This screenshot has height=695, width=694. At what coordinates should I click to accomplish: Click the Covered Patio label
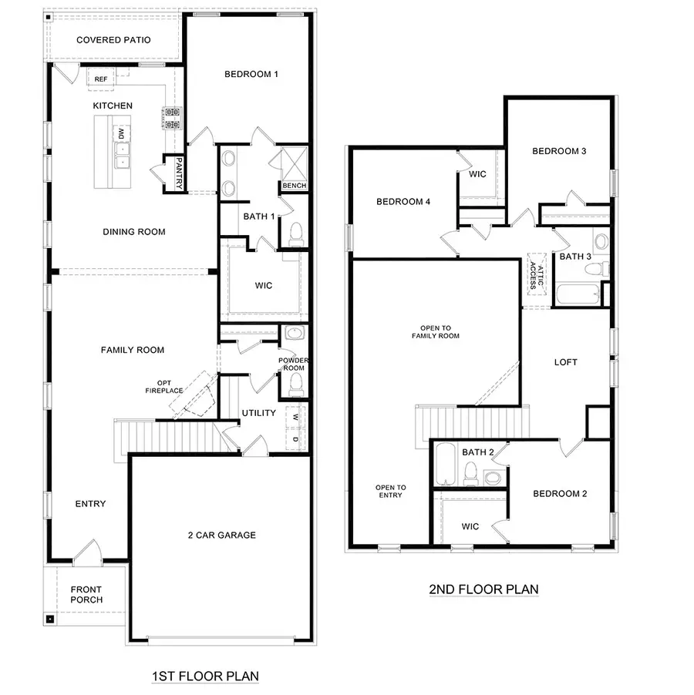click(113, 40)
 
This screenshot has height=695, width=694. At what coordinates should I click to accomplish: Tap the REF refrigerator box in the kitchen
click(101, 79)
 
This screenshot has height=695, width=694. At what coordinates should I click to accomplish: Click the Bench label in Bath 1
click(294, 186)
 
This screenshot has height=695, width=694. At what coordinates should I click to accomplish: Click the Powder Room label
click(293, 364)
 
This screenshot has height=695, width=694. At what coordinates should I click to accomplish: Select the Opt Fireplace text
click(164, 387)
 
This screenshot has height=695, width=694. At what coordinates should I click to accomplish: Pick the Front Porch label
click(86, 594)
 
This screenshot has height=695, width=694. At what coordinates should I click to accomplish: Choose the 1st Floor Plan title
click(204, 677)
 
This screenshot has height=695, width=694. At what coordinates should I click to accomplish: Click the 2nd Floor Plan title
click(483, 589)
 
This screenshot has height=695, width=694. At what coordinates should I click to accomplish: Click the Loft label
click(565, 362)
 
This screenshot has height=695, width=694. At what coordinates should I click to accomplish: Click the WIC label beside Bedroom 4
click(478, 174)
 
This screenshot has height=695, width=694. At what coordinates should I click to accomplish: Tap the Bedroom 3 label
click(559, 151)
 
